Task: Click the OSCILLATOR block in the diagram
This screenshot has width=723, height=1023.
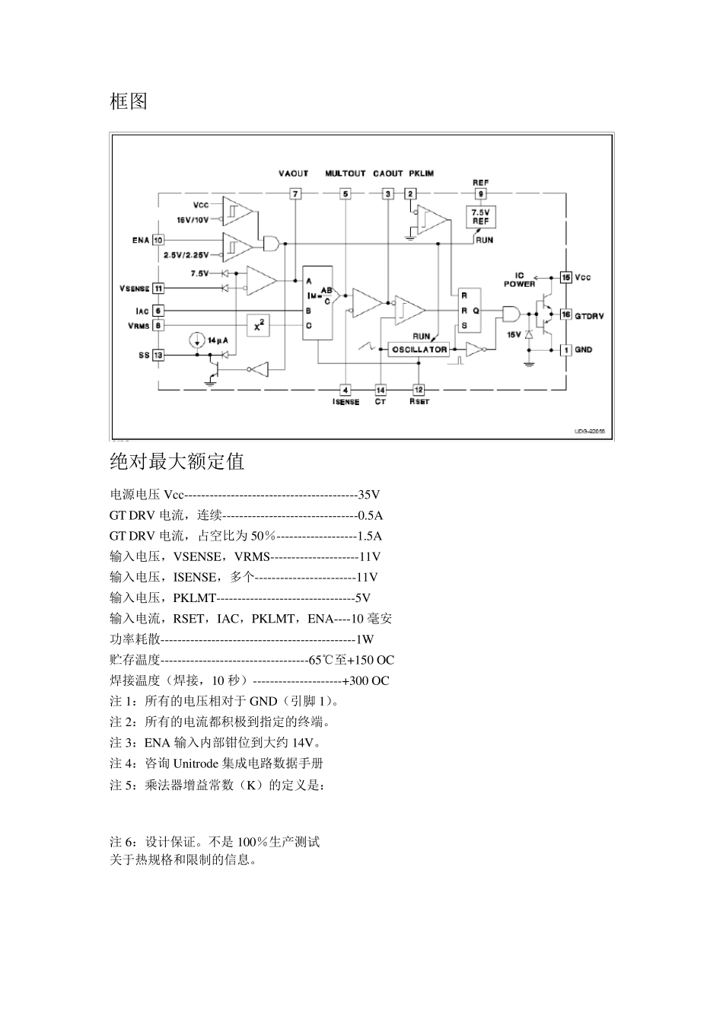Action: point(419,349)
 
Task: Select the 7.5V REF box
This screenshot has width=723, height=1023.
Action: point(479,217)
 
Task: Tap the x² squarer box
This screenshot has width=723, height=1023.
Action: point(259,326)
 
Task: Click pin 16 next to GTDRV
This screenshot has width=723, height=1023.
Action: point(565,314)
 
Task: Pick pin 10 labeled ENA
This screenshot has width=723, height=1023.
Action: point(158,240)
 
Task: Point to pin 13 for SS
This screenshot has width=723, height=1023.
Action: point(158,355)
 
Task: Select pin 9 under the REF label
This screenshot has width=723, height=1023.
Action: point(480,194)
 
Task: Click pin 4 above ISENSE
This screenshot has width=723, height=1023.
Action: point(346,390)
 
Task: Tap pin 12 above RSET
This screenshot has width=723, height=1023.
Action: point(419,390)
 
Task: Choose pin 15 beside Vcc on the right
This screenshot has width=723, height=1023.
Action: point(565,277)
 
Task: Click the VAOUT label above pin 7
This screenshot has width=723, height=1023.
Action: point(294,174)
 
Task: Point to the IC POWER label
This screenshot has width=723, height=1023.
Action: point(519,279)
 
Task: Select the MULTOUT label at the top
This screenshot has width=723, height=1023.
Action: point(345,174)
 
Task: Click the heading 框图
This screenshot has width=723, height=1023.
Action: point(129,101)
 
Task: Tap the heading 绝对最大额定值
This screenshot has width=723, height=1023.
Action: point(177,461)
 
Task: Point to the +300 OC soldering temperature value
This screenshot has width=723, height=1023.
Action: point(366,680)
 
